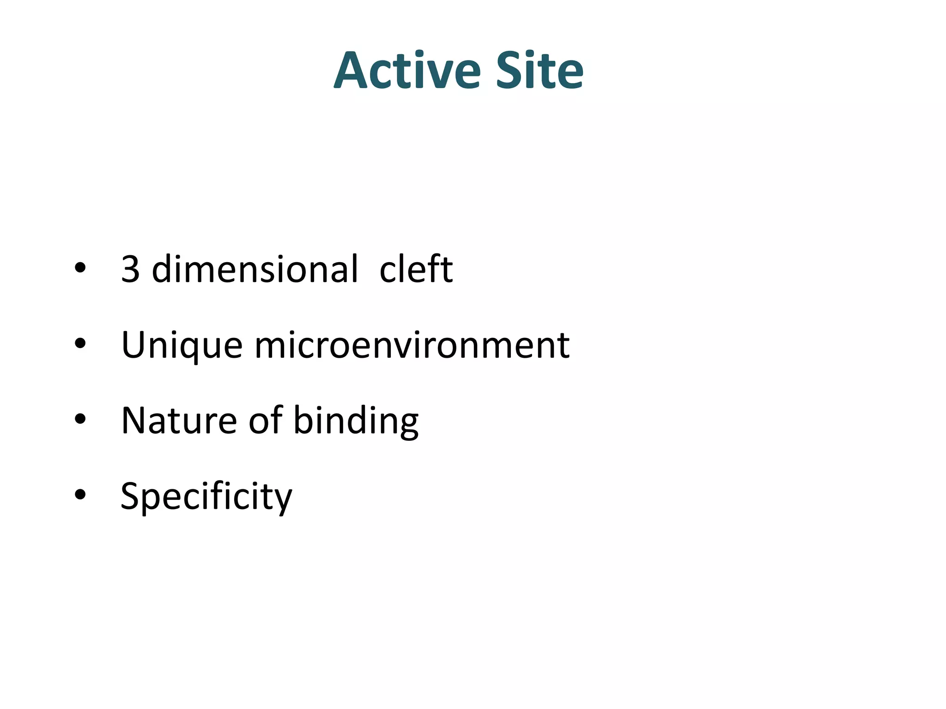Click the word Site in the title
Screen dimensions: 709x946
click(x=540, y=71)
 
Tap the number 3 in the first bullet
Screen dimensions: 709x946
click(x=130, y=270)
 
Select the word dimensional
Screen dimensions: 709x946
click(x=255, y=270)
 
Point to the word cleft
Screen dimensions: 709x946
click(x=416, y=270)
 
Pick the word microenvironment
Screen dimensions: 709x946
click(x=412, y=345)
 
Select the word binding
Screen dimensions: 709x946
click(x=356, y=421)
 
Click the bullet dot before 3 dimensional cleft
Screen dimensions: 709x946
click(x=80, y=268)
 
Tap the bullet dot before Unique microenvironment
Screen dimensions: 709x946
click(x=80, y=343)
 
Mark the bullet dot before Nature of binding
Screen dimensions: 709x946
click(x=80, y=419)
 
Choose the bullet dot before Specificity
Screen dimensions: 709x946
click(x=80, y=494)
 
